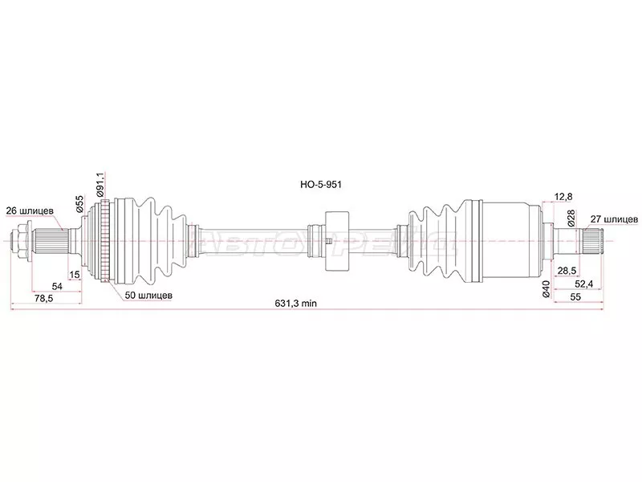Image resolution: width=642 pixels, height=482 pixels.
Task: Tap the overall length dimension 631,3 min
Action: tap(297, 304)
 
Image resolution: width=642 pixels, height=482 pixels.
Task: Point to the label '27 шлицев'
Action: tap(614, 218)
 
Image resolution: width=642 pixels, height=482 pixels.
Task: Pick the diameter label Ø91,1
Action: tap(100, 186)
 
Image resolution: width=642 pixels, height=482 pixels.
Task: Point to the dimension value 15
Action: tap(75, 276)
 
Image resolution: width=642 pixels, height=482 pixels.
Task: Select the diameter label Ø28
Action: tap(570, 216)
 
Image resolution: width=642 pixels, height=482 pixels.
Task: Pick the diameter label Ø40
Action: tap(547, 290)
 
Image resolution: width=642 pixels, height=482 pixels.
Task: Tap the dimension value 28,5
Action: tap(568, 272)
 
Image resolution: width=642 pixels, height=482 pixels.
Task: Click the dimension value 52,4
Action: tap(583, 284)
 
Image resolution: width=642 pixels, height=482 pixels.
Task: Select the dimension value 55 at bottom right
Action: tap(575, 296)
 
